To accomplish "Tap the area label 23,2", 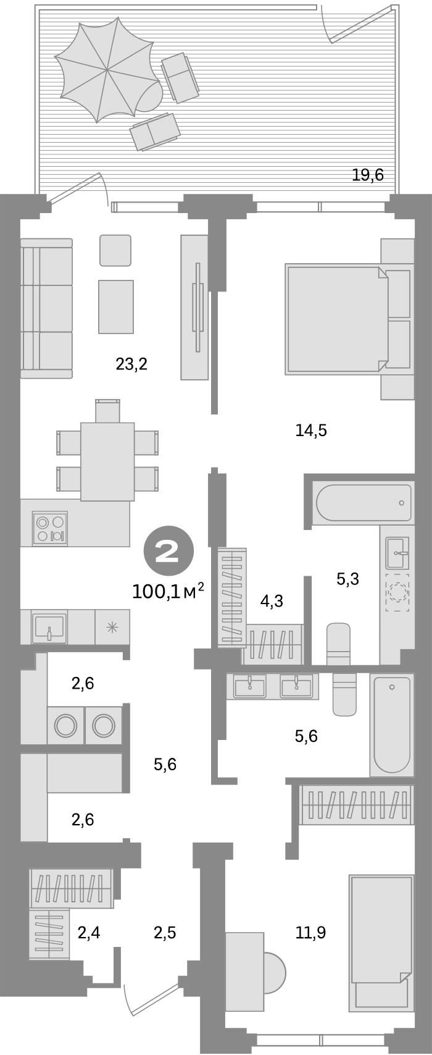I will click(131, 364).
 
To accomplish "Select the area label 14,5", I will click(311, 431).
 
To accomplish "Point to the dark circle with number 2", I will click(168, 550).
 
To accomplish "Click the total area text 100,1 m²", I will click(168, 592).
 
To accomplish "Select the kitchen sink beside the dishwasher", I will click(48, 627).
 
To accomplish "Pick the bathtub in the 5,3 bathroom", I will click(363, 502).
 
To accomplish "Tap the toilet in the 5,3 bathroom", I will click(338, 642).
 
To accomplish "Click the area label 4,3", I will click(272, 600).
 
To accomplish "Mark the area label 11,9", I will click(310, 933).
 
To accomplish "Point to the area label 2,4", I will click(89, 933).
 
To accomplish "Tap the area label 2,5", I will click(165, 933).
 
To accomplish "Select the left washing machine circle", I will click(65, 724).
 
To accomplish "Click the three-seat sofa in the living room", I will click(46, 309).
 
